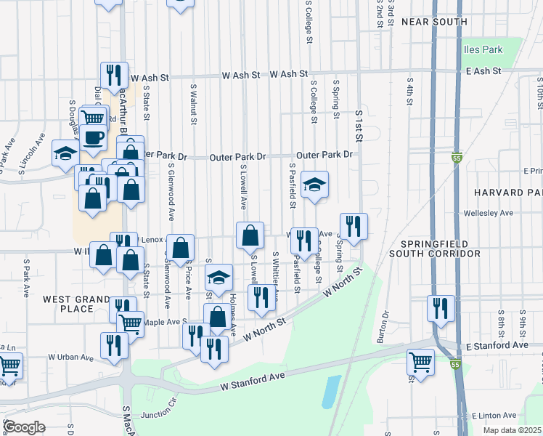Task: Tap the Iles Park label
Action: coord(483,50)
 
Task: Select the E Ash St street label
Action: coord(484,70)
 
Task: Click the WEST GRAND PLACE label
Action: coord(76,304)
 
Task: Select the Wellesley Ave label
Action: coord(489,213)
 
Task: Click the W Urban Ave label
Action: coord(71,357)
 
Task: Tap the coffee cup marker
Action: coord(93,137)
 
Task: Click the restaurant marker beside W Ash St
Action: coord(113,75)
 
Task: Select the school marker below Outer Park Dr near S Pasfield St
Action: coord(314,185)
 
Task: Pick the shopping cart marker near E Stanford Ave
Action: coord(421,360)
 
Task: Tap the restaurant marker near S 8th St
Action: coord(440,308)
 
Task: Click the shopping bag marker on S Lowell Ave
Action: coord(250,235)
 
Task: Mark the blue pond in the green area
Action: coord(330,392)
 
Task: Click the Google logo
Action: coord(23,427)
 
